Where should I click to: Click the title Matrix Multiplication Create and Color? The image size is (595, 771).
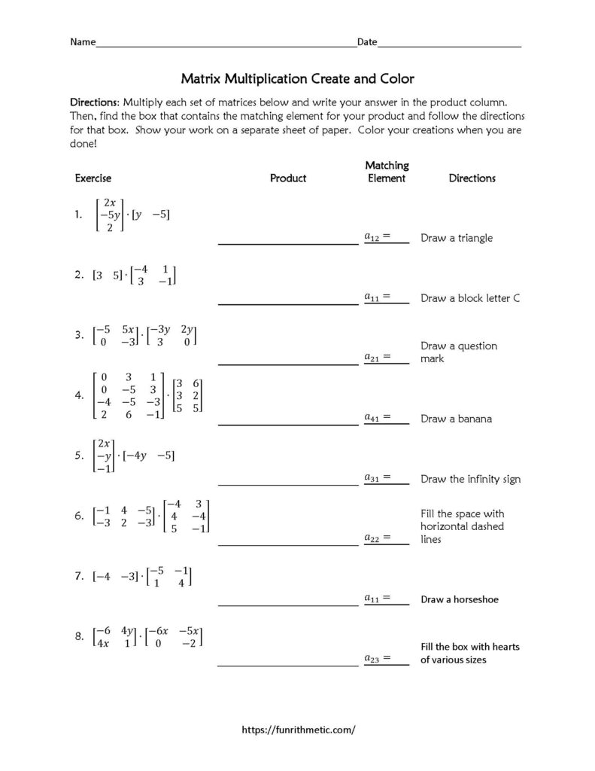click(297, 78)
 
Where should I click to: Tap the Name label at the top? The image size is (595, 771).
click(83, 42)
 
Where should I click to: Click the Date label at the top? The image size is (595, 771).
click(366, 42)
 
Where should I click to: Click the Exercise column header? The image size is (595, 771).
click(93, 178)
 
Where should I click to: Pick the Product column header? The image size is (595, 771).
click(288, 178)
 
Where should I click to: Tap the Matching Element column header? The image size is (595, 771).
click(387, 172)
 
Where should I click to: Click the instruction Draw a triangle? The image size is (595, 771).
click(457, 238)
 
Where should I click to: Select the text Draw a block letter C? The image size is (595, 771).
click(470, 298)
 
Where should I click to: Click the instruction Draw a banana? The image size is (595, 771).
click(456, 419)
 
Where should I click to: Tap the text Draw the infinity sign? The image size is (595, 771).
click(470, 479)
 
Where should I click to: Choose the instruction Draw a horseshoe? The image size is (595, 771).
click(460, 600)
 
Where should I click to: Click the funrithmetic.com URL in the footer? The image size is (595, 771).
click(297, 730)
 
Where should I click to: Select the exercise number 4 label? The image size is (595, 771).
click(79, 395)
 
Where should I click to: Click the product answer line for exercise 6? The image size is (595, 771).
click(288, 544)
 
